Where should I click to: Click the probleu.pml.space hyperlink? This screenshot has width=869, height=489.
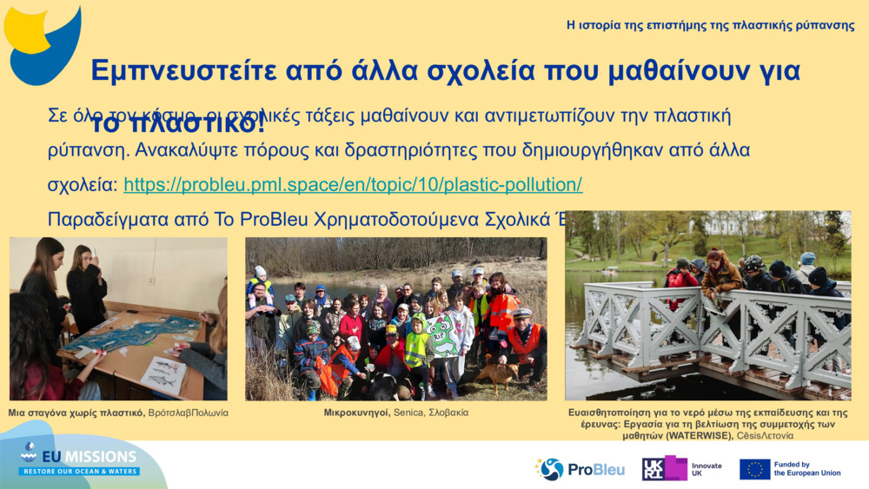pos(353,185)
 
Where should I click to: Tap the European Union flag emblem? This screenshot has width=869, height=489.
pos(754,469)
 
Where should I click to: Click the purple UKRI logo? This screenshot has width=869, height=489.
pos(664,469)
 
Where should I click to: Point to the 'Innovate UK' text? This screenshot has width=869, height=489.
pos(706,469)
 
